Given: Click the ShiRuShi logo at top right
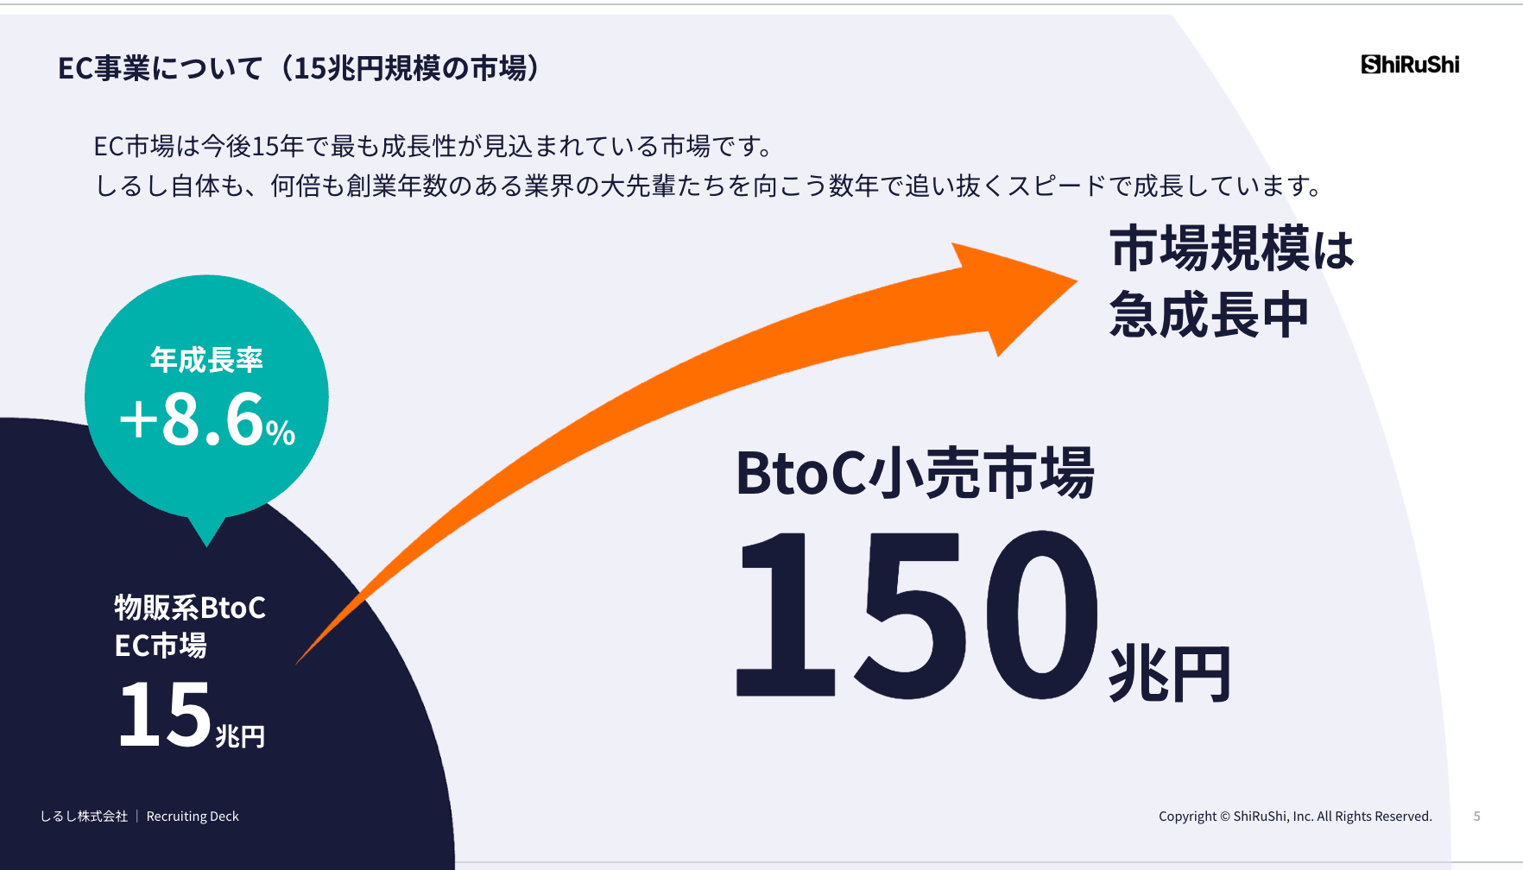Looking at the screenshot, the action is [x=1410, y=65].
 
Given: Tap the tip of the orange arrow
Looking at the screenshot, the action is [x=1077, y=280].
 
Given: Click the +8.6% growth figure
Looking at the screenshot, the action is [x=207, y=419].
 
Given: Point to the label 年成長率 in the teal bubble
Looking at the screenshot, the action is [x=206, y=359].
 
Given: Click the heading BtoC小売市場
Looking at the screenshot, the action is [x=915, y=473].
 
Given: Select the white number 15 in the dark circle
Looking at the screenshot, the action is [x=165, y=714].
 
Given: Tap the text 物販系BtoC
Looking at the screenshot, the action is [x=190, y=608].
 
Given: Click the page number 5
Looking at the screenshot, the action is [x=1476, y=816].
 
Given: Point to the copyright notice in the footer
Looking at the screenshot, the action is [x=1295, y=816].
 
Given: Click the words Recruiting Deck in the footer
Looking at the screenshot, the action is [x=193, y=816].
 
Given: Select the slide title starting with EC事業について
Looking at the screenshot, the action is [x=299, y=67].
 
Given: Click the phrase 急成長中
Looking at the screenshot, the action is [x=1210, y=314].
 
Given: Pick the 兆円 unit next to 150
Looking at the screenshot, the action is [x=1170, y=674].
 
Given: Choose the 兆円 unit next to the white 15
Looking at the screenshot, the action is [x=240, y=736].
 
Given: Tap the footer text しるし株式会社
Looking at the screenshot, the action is [x=84, y=816].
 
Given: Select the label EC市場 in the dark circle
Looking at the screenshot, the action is [x=161, y=646].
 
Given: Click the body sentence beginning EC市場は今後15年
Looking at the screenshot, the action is [x=433, y=146].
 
